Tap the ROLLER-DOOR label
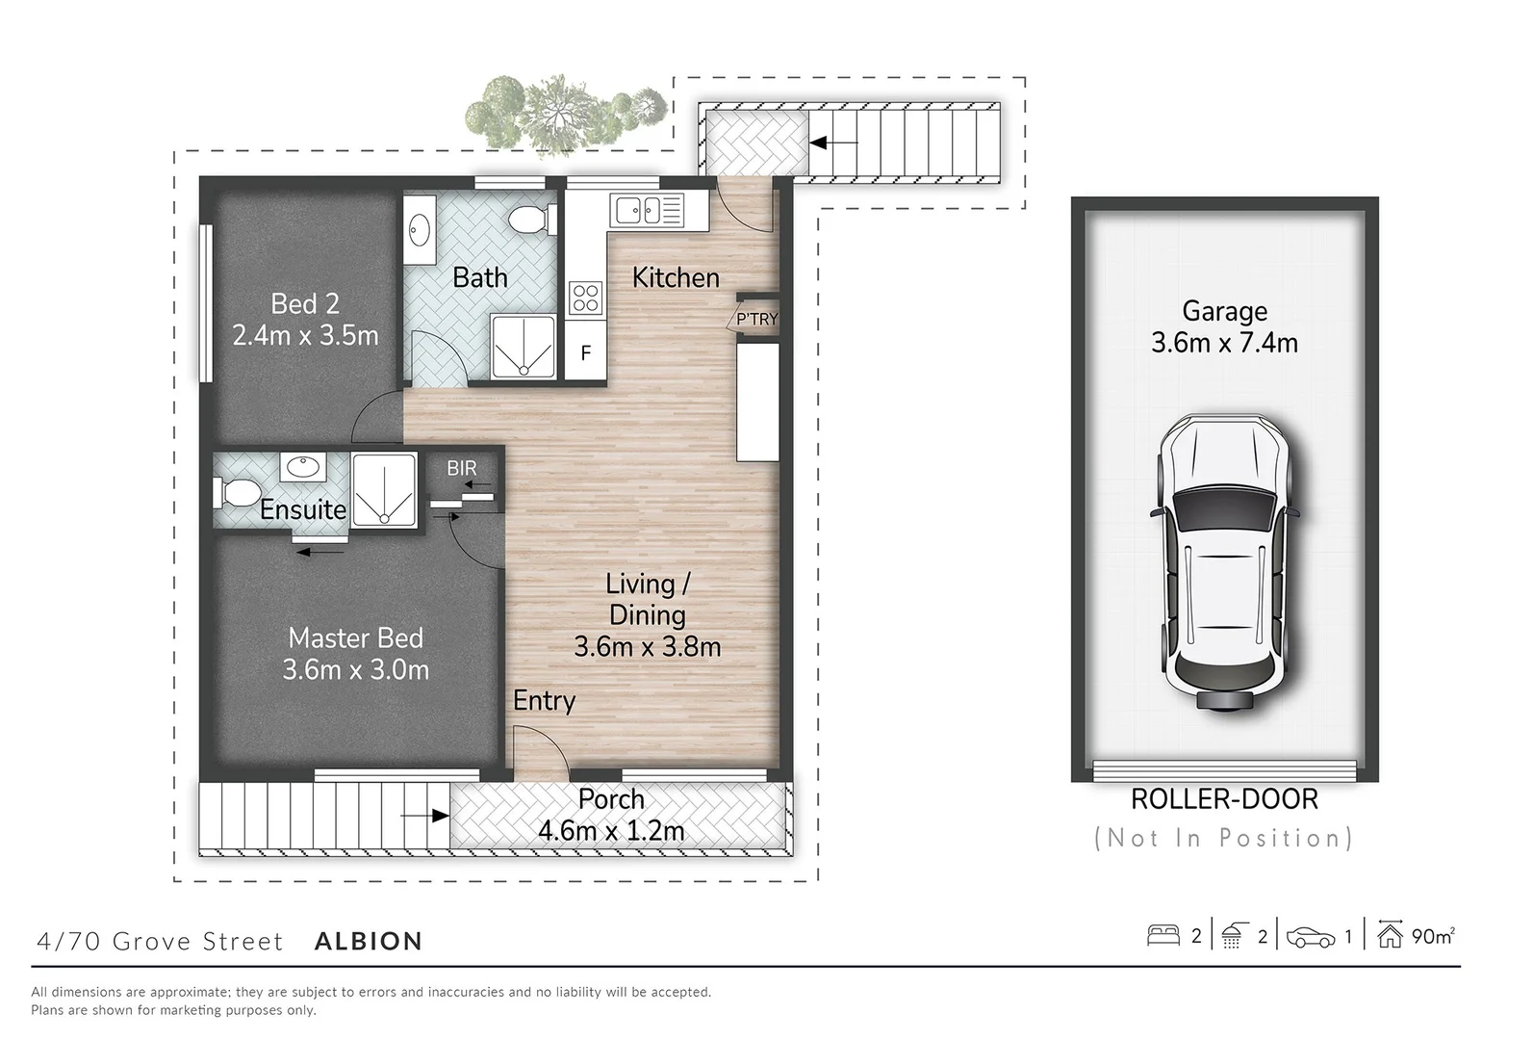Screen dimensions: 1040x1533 [1224, 799]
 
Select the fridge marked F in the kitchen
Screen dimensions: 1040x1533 [585, 353]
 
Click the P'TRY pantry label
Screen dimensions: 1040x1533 [756, 319]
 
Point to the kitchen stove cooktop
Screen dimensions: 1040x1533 [585, 297]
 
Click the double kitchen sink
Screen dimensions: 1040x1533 [639, 208]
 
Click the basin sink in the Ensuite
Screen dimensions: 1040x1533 [302, 468]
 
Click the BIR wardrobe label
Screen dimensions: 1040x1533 [462, 469]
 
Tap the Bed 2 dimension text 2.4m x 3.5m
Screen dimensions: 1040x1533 [305, 335]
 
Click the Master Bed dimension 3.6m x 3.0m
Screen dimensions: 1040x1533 [355, 669]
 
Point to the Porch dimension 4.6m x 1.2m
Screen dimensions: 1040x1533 [611, 830]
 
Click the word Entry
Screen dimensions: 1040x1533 [544, 701]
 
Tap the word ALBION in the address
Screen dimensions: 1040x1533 [369, 941]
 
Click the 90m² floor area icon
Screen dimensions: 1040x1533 [1390, 935]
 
